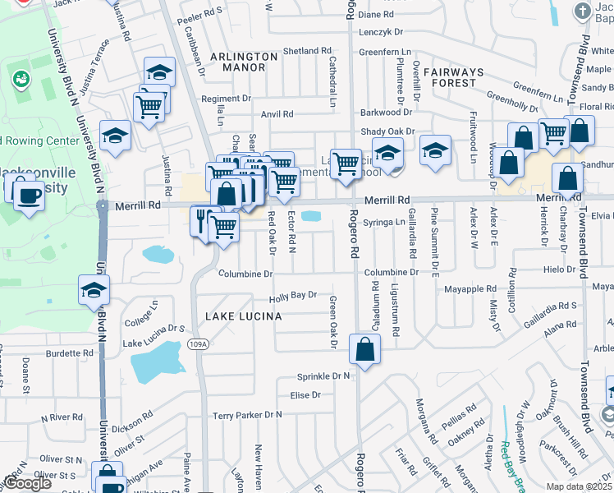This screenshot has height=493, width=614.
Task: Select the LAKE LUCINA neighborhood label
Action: tap(243, 316)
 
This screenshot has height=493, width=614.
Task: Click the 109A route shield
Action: tap(197, 343)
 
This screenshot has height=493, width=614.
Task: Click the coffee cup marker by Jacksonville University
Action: tap(30, 196)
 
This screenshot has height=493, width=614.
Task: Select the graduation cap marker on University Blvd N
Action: tap(94, 289)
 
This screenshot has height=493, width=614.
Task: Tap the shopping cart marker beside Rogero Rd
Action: tap(346, 162)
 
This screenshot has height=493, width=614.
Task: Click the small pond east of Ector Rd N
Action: tap(311, 216)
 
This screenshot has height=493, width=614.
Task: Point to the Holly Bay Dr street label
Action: tap(294, 295)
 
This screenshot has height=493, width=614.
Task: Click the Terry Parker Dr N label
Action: tap(246, 415)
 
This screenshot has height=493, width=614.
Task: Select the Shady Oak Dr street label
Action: tap(388, 131)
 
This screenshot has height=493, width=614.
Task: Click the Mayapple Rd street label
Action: tap(470, 289)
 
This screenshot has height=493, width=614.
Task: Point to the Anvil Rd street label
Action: tap(277, 114)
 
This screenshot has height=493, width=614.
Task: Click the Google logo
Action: tap(27, 483)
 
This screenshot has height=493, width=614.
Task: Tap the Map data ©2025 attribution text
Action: tap(578, 486)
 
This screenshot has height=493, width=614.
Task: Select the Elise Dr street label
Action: tap(305, 394)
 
